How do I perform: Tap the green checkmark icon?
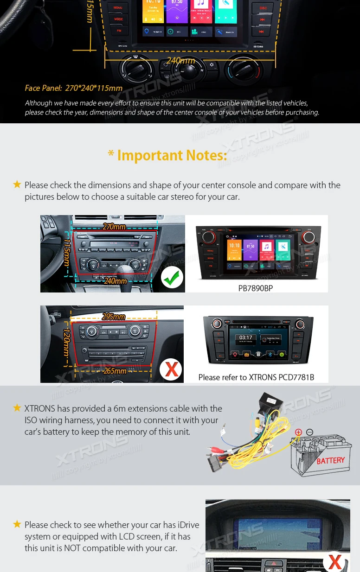172,278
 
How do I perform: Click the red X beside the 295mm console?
171,369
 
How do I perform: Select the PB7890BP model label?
255,288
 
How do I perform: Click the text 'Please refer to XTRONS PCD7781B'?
256,377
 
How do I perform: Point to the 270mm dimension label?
114,227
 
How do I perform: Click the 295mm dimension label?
114,317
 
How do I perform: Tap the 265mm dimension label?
115,371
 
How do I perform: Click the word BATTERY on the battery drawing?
330,460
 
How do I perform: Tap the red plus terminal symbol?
298,432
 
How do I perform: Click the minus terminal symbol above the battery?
309,432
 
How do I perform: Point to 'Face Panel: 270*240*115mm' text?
74,88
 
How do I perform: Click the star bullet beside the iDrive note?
17,524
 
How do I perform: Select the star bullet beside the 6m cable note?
17,408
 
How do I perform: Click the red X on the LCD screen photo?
335,561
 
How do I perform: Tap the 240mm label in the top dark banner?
180,61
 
